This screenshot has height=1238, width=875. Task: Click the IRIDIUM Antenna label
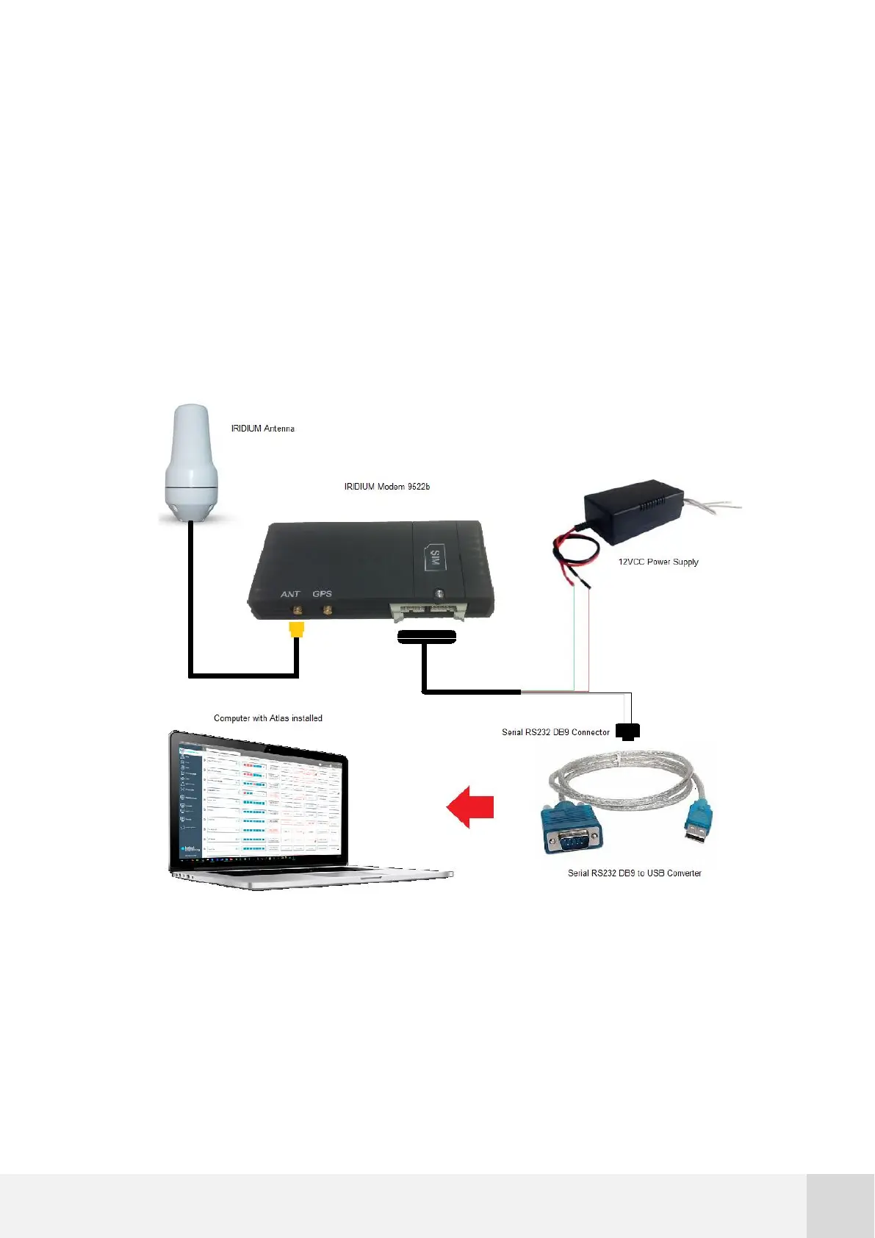[262, 429]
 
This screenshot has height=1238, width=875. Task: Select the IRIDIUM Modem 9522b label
[386, 487]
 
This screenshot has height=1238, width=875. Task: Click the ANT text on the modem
[290, 594]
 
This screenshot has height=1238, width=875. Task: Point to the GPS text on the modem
[322, 594]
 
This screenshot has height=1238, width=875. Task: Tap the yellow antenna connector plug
[297, 629]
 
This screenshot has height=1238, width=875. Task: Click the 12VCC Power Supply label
[658, 562]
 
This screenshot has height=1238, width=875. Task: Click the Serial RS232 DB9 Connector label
[555, 732]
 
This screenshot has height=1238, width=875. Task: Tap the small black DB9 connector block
[627, 731]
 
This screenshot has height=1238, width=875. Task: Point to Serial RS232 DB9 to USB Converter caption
[634, 873]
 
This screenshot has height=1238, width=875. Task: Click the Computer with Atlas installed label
[267, 718]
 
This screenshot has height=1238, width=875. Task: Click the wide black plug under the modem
[427, 637]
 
